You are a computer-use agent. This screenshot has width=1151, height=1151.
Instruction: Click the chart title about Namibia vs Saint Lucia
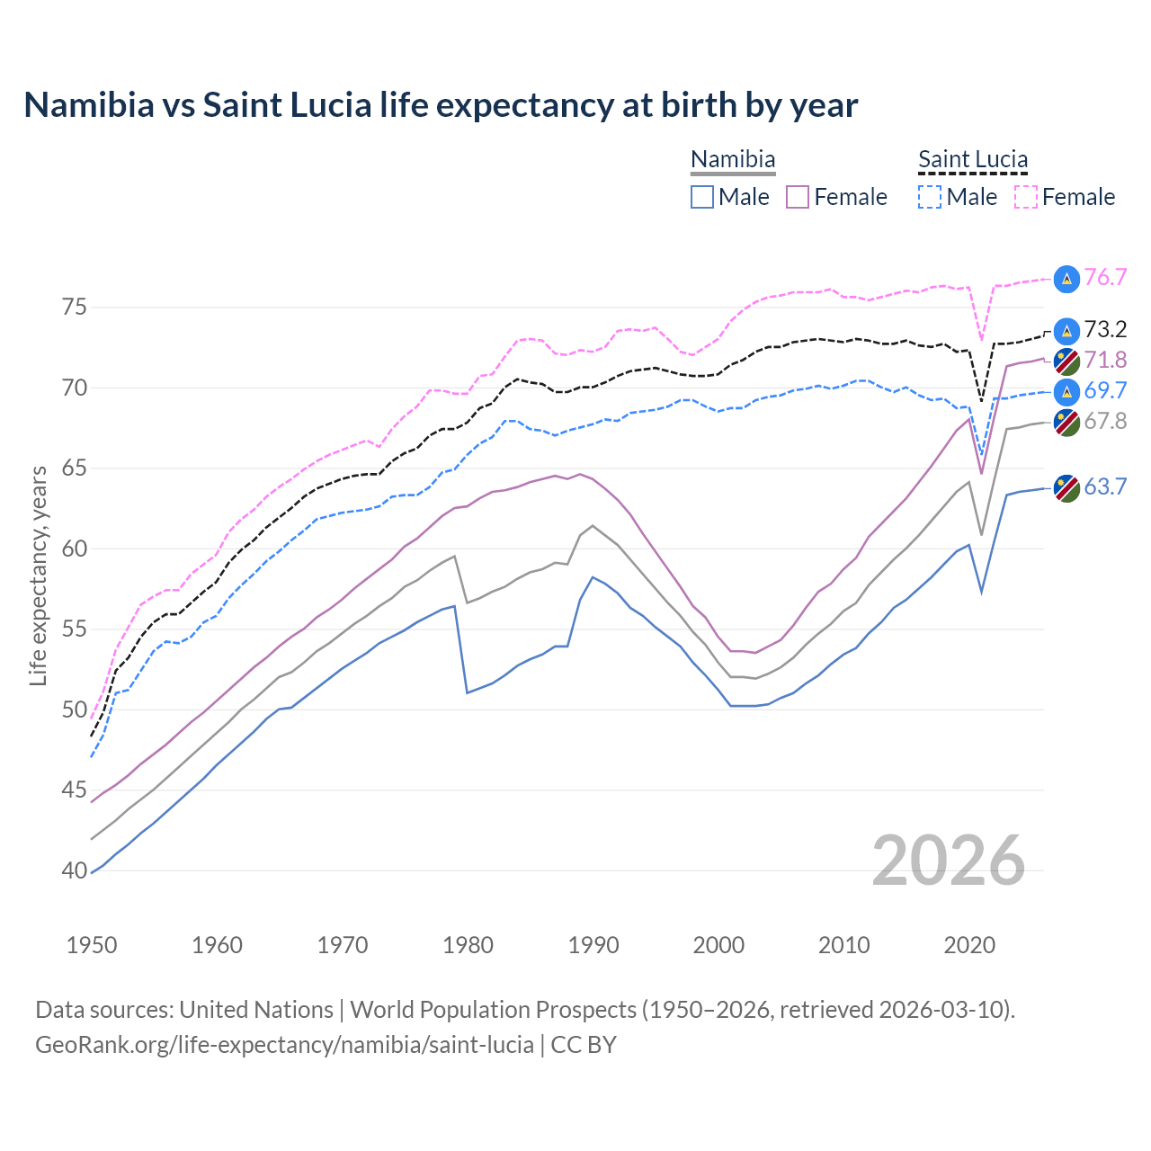coord(441,105)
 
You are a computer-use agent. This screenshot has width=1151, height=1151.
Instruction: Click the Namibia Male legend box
coord(702,197)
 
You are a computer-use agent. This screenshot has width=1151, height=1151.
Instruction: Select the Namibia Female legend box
coord(798,197)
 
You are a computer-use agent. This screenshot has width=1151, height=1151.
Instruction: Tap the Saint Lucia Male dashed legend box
coord(930,197)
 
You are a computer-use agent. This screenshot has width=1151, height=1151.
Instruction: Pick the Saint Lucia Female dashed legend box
coord(1026,197)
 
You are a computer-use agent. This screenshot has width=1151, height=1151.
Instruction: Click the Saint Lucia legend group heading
coord(973,159)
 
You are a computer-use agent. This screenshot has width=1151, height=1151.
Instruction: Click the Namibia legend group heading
coord(733,159)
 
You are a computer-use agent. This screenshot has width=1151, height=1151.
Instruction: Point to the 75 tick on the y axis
coord(75,308)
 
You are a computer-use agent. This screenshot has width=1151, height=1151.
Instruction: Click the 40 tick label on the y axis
coord(75,870)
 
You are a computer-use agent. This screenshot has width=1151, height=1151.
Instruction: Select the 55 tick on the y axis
coord(75,629)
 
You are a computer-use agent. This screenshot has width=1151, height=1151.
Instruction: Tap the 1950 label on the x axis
coord(92,945)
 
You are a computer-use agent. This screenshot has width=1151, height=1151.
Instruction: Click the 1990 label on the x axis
coord(593,945)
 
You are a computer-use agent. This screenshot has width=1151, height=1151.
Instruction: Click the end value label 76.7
coord(1105,278)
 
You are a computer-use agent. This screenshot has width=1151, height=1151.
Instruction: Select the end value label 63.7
coord(1105,487)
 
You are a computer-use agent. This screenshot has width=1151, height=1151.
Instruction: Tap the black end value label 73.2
coord(1105,330)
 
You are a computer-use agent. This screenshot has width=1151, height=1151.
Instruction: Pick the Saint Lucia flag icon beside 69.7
coord(1066,391)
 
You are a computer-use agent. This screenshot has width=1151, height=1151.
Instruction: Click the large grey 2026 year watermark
coord(949,861)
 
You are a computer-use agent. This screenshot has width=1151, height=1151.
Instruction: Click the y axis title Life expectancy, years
coord(39,575)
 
